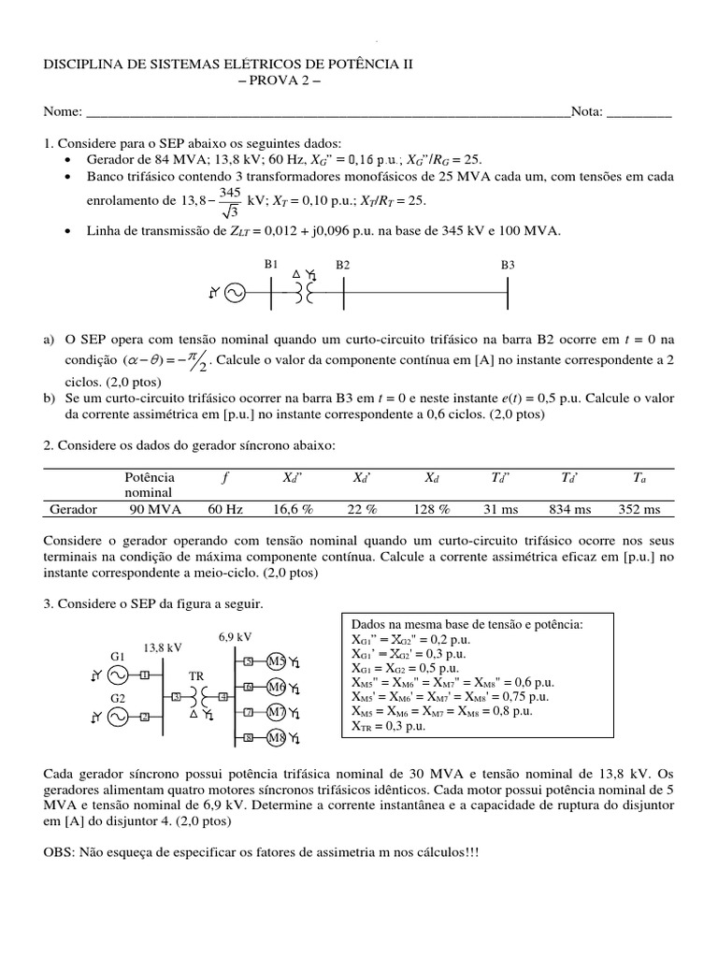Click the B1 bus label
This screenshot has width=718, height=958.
pos(270,265)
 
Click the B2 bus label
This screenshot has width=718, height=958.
pos(342,265)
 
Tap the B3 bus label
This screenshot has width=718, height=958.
pos(508,265)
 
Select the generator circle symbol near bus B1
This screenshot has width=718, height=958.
pos(233,294)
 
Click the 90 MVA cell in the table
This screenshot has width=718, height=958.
pos(154,509)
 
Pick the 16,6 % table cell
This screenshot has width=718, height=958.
pos(299,509)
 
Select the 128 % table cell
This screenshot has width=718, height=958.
pos(431,509)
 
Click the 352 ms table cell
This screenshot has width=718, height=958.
pos(639,509)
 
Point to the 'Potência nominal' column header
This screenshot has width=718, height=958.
pos(149,484)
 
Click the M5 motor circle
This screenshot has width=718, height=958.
pos(277,661)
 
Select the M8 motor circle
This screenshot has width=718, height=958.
pos(277,738)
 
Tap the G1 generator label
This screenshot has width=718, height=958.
pos(117,655)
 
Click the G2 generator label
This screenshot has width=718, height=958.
pos(117,698)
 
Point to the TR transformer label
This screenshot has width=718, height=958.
pos(196,675)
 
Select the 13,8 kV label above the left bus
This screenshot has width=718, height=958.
pos(162,646)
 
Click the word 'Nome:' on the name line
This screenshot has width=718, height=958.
pos(63,112)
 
